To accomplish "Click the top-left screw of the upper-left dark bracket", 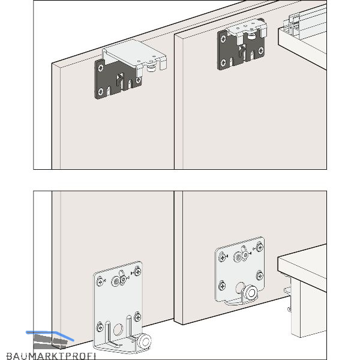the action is coord(101,68).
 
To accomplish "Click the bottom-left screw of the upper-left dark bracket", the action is coord(101,92).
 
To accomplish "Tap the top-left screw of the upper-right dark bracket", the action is coord(223,39).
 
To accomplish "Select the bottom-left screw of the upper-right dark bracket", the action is coord(223,62).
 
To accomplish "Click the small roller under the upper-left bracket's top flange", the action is coord(151,68).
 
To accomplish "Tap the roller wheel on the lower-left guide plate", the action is coord(145,342).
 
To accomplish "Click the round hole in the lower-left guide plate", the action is coord(118,329).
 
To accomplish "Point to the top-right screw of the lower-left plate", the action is coord(137,272).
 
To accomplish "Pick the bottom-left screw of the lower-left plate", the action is coord(100,327).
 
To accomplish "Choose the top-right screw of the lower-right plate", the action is coord(260,247).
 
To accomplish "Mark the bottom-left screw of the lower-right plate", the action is coord(222,286).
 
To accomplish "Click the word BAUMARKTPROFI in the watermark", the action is coord(51,356).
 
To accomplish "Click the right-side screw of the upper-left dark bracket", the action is coord(138,80).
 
